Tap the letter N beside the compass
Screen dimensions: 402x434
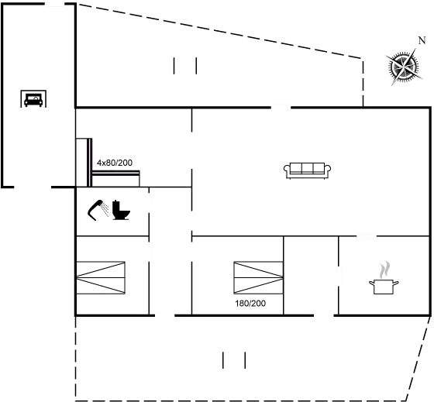point(422,40)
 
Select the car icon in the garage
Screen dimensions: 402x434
point(33,99)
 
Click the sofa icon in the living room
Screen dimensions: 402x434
point(308,170)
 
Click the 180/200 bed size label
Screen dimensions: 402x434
point(250,304)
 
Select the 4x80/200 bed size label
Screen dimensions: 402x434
point(114,163)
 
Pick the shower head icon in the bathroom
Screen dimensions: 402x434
point(99,208)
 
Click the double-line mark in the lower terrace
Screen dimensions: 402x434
point(234,359)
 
